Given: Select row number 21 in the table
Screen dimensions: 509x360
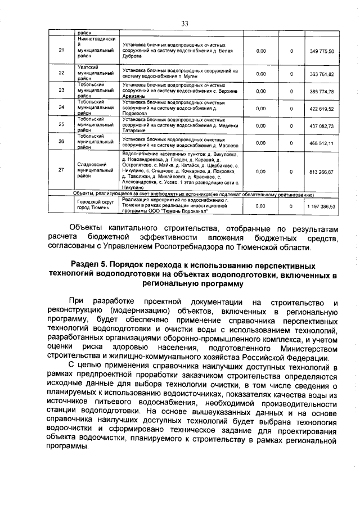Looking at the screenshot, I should [x=62, y=51].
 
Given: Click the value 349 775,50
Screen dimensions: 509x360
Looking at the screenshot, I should [x=322, y=51].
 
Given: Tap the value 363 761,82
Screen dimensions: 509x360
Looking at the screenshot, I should [x=322, y=74].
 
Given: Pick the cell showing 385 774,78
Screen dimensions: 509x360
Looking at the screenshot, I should [x=322, y=91].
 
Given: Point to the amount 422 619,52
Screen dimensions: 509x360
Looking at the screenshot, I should [x=322, y=109].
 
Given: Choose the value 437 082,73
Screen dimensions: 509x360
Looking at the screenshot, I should [x=322, y=126].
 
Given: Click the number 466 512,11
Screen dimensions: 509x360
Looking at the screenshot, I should [x=322, y=143].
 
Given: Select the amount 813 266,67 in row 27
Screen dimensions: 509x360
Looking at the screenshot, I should [x=322, y=172].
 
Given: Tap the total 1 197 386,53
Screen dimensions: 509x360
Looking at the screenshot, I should [x=321, y=206].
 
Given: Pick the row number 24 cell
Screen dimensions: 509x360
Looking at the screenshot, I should [x=62, y=109].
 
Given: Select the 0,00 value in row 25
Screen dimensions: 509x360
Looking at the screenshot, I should [x=261, y=126].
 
